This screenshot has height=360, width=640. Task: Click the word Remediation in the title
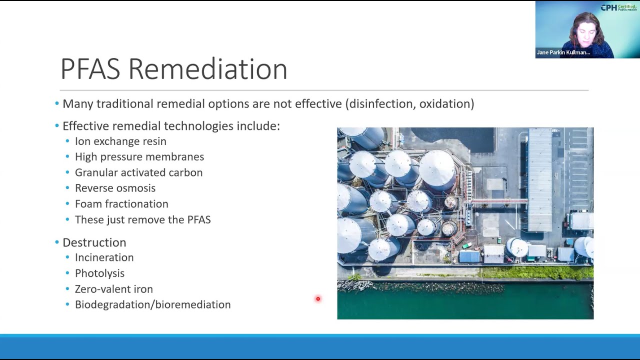point(207,69)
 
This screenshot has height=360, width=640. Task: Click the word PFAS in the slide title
point(90,69)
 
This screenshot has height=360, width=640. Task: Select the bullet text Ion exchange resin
point(120,141)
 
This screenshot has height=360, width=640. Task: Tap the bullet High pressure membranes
point(139,157)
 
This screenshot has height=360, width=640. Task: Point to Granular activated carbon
point(138,172)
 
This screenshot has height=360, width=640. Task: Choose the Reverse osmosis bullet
point(115,188)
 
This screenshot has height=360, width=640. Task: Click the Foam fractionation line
point(121,204)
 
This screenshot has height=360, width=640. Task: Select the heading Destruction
point(94,242)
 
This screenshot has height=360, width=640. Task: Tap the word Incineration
point(104,257)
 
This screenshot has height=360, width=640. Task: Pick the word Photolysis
point(99,273)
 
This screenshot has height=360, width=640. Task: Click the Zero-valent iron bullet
point(113,289)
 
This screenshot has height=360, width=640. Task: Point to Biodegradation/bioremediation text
point(152,304)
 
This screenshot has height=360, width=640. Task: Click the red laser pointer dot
point(317,299)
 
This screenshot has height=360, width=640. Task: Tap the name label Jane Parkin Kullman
point(563,52)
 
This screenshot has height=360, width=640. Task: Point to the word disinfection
point(381,104)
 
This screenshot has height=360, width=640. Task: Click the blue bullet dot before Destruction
point(57,242)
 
